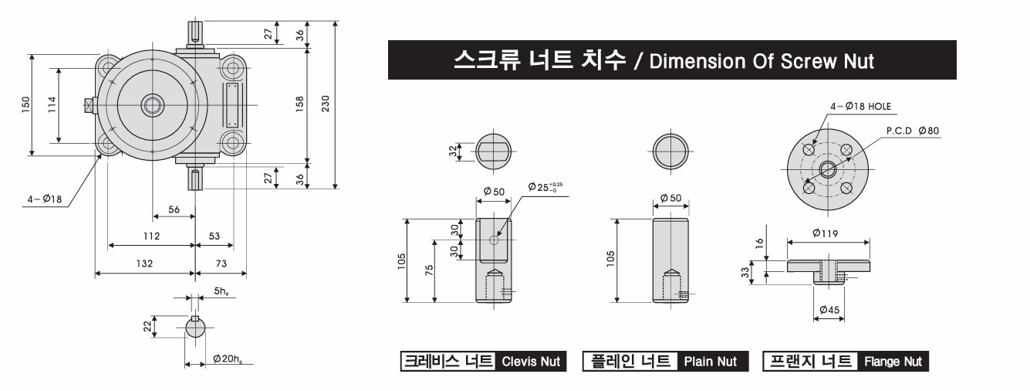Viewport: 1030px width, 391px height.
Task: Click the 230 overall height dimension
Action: (x=326, y=104)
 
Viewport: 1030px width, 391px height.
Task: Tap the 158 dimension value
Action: (x=299, y=104)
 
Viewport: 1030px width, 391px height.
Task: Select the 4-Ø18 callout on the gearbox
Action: (x=44, y=199)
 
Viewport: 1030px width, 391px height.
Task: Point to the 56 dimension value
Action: (x=174, y=209)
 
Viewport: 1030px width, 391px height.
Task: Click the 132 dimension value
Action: (x=144, y=263)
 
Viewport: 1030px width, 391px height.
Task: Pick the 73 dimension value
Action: (x=221, y=263)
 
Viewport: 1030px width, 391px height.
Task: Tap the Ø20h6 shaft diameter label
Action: (x=228, y=359)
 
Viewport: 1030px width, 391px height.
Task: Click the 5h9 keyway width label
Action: (x=221, y=291)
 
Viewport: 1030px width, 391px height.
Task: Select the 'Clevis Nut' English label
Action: (x=531, y=362)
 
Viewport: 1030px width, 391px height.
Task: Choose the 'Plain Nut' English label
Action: (x=711, y=362)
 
